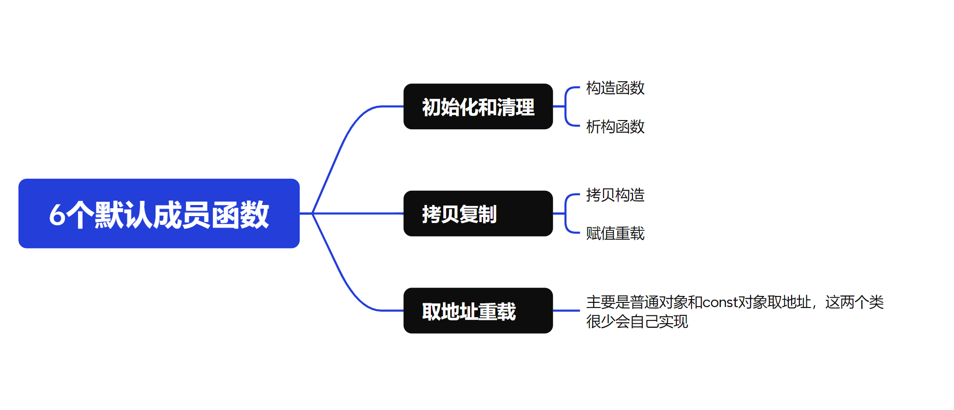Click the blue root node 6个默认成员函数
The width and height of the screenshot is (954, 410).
pos(159,213)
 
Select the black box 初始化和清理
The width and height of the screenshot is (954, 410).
pos(478,107)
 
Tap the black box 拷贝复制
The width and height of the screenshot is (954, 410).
pos(478,214)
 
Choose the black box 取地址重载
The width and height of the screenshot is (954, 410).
pos(478,311)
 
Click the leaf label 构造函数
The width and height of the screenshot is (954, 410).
pos(615,88)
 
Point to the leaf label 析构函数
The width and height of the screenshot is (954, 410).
pos(615,127)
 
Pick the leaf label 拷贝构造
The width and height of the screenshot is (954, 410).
pos(615,195)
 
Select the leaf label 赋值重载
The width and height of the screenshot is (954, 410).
pos(615,234)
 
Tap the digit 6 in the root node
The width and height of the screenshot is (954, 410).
pos(57,215)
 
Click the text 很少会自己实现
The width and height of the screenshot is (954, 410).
pos(637,322)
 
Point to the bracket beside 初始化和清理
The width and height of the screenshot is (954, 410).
pos(566,107)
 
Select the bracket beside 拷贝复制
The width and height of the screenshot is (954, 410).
pos(566,214)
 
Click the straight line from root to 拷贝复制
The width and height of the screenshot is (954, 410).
pos(358,213)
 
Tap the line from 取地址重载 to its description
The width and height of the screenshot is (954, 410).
pos(566,311)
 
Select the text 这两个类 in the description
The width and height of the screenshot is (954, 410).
pos(854,302)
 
